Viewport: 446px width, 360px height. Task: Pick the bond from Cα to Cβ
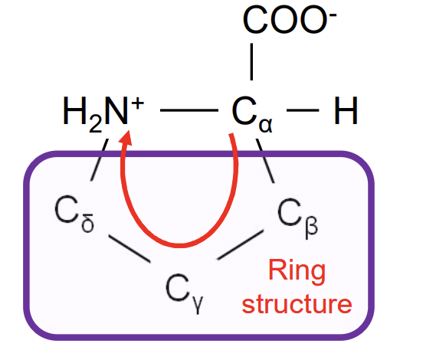tap(267, 164)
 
